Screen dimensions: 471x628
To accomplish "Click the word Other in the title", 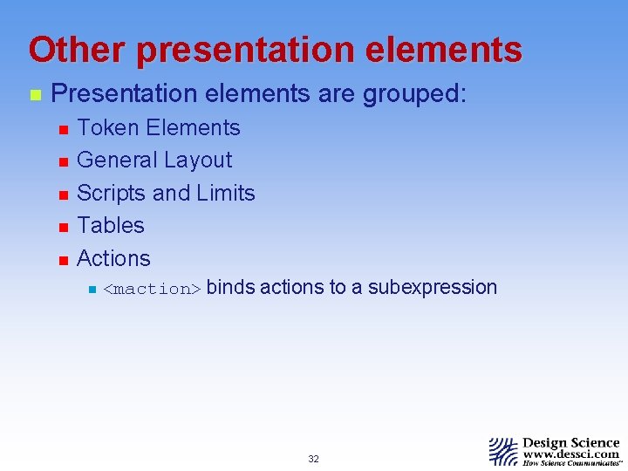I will [76, 50].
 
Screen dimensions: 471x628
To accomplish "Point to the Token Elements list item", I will [158, 128].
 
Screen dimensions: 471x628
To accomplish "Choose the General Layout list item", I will [154, 160].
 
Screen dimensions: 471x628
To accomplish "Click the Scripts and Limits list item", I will [166, 193].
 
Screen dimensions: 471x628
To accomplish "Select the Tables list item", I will [111, 225].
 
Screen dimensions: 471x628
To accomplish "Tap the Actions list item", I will [113, 258].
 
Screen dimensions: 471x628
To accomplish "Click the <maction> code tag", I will [153, 289].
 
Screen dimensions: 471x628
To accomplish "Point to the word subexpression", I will [433, 287].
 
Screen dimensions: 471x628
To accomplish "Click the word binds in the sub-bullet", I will [230, 287].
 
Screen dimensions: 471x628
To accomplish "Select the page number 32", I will [313, 459].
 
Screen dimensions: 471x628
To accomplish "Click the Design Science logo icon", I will [503, 451].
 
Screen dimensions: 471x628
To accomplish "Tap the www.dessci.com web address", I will [571, 454].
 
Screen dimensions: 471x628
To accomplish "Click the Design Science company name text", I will [571, 442].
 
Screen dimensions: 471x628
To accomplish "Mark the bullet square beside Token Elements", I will [62, 130].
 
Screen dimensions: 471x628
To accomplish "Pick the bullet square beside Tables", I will [62, 227].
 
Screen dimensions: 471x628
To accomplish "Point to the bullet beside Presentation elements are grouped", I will [35, 94].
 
